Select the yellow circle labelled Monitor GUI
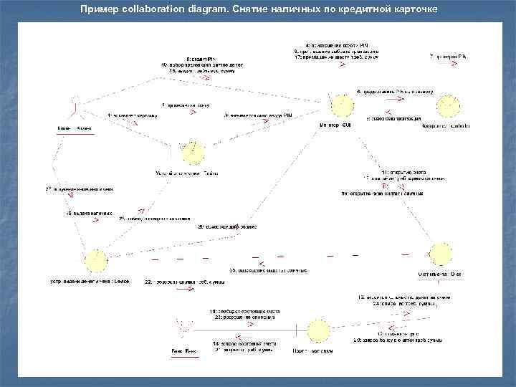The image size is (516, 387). [x=340, y=106]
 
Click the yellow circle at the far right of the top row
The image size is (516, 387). [x=450, y=106]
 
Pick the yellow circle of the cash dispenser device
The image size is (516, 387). [x=95, y=260]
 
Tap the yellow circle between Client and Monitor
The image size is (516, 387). [x=193, y=152]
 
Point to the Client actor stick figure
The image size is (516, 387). [x=75, y=112]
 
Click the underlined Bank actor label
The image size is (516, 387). [x=183, y=351]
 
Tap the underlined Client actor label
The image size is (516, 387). [x=75, y=128]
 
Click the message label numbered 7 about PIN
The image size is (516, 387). [x=447, y=56]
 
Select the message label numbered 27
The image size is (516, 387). [x=80, y=189]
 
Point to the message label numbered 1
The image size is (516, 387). [x=129, y=114]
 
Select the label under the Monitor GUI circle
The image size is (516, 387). [x=335, y=126]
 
